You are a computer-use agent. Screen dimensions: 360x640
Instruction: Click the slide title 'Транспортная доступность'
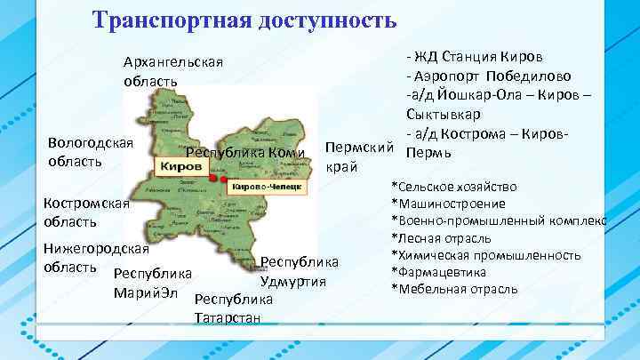[x=245, y=19]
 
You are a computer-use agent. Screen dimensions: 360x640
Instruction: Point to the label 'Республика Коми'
[x=251, y=153]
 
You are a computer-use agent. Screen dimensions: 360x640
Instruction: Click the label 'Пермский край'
[x=360, y=156]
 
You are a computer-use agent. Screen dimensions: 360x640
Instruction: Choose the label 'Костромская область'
[x=87, y=212]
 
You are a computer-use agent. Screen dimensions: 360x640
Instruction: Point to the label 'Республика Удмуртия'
[x=299, y=272]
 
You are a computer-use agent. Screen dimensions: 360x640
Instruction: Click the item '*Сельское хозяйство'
[x=453, y=188]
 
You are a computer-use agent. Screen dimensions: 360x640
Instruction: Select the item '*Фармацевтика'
[x=439, y=272]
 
